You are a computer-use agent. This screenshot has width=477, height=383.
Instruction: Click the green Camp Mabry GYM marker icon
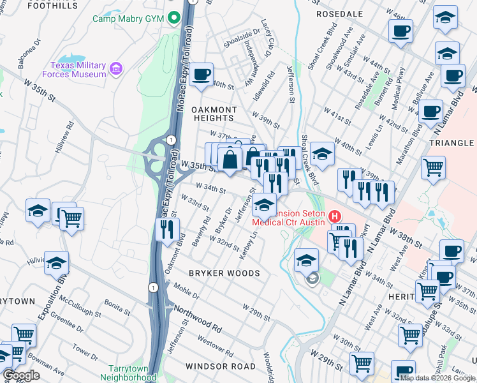173,18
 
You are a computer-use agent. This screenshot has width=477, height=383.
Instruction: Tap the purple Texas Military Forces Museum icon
115,68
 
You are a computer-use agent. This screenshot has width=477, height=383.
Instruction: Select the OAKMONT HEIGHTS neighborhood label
214,114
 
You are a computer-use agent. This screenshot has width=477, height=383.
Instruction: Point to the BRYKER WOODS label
224,273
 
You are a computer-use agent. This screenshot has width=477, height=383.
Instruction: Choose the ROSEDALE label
339,13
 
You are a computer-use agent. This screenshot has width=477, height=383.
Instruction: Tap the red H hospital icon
334,218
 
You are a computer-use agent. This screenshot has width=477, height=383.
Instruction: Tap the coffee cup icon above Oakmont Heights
201,74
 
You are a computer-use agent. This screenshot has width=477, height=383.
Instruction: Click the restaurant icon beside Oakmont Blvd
167,230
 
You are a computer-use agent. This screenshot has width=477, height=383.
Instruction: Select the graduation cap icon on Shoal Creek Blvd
322,154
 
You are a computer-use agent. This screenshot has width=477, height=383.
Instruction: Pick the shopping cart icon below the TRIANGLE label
433,167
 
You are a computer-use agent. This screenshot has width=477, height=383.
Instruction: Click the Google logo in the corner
22,375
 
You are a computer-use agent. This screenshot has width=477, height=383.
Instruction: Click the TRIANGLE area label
452,144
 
